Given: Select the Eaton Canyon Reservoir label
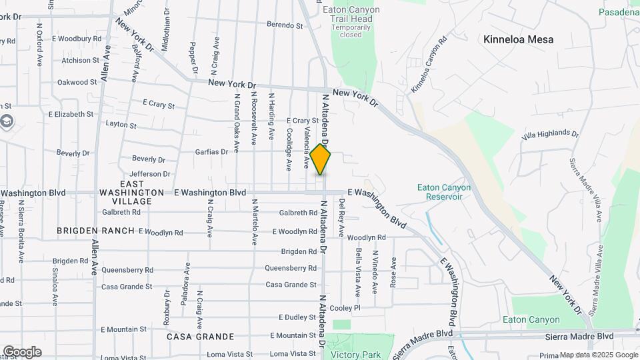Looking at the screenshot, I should pos(444,192).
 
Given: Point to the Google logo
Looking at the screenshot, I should pos(21,351).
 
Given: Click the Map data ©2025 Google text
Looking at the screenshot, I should pos(598,355).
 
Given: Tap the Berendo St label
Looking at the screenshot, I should pos(285,25).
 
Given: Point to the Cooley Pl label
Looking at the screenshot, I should pos(345,308).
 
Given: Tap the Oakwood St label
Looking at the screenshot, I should pos(77,83).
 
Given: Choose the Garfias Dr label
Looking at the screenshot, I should pos(211,151).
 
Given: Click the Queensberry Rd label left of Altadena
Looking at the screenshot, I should pos(290,268).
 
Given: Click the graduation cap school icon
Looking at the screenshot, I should pos(7,122).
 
